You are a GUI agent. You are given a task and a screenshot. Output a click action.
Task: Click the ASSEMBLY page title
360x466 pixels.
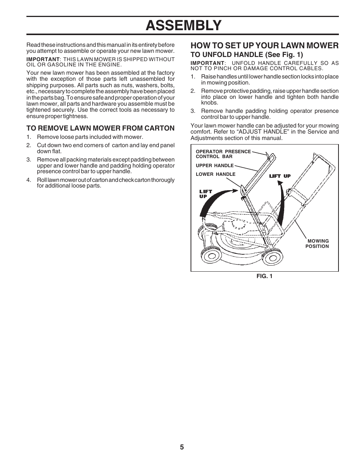click(183, 25)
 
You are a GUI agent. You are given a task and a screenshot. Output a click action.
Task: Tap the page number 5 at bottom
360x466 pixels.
click(182, 447)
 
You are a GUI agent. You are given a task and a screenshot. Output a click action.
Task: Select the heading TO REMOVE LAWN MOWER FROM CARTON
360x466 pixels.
click(100, 128)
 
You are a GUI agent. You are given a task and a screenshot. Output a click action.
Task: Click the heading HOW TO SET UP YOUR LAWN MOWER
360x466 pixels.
click(264, 46)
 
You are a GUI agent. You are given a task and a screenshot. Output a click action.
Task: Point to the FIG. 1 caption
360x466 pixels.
click(264, 276)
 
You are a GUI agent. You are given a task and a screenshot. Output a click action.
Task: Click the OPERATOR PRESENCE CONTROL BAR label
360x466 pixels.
click(223, 154)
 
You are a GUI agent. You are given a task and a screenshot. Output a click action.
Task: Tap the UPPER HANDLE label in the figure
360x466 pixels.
click(214, 166)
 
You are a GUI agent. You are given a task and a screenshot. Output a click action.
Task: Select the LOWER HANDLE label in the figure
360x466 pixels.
click(215, 174)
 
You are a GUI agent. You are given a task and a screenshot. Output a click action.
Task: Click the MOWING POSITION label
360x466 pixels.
click(317, 244)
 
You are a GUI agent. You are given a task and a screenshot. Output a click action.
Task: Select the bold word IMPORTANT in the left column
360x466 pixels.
click(43, 59)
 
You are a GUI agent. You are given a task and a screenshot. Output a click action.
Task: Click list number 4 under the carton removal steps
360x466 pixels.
click(28, 180)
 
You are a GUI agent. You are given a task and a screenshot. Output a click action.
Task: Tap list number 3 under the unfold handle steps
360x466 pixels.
click(192, 111)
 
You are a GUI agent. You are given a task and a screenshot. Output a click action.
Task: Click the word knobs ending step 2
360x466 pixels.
click(209, 103)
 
